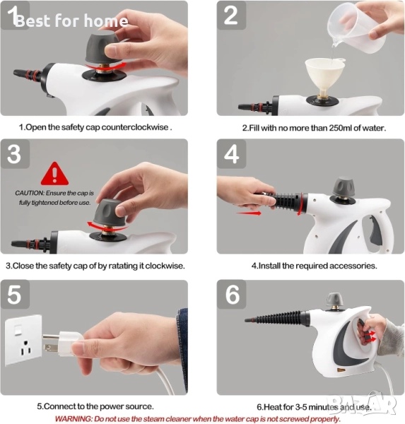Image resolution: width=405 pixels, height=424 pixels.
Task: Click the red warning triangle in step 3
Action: [x=54, y=174]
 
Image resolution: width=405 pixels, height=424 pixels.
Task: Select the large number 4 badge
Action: [x=232, y=154]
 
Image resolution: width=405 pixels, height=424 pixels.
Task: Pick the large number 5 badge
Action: [x=15, y=295]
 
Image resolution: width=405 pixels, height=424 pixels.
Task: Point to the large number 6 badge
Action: [x=232, y=295]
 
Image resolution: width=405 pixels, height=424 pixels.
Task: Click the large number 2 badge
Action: [x=231, y=15]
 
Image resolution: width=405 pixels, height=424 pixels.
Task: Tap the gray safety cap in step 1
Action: [x=102, y=47]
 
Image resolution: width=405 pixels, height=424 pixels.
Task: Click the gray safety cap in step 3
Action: [x=110, y=213]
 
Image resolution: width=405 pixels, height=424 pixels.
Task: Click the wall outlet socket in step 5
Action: [x=23, y=339]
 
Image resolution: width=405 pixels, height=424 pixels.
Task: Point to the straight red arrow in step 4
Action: [x=248, y=213]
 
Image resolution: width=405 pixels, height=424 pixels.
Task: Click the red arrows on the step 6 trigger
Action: [x=370, y=336]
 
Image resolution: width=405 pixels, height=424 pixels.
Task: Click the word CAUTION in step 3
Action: [x=29, y=193]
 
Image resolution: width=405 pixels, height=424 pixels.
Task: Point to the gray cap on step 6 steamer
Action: [x=334, y=300]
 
